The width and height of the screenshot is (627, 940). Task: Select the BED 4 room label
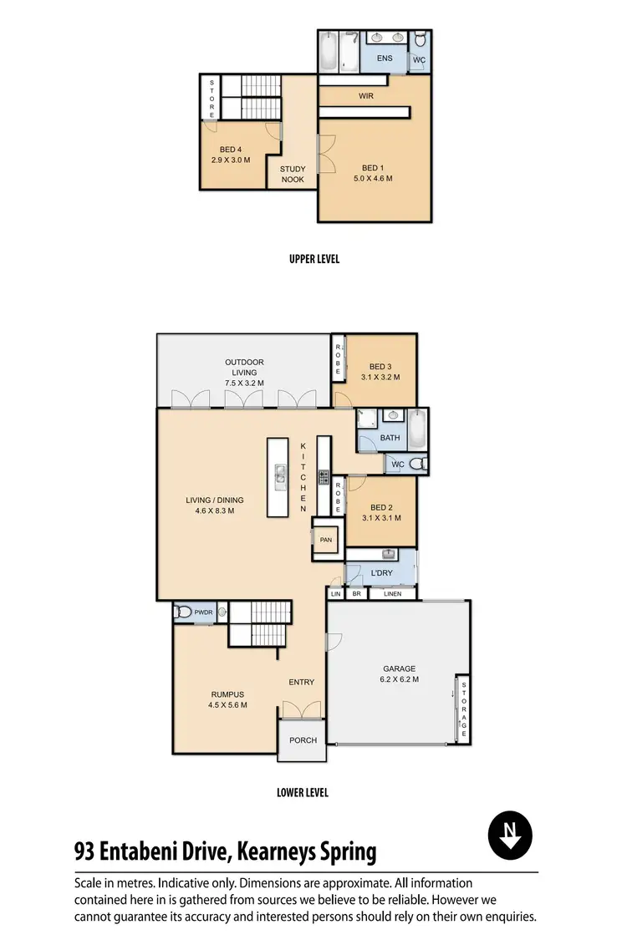pyautogui.click(x=230, y=155)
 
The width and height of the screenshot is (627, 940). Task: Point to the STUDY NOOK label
pyautogui.click(x=293, y=174)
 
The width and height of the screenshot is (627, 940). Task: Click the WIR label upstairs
pyautogui.click(x=365, y=97)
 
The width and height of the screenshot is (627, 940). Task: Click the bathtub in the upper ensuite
pyautogui.click(x=329, y=52)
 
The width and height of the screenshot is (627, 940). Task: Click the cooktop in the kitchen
pyautogui.click(x=323, y=477)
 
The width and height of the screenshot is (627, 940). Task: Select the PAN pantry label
pyautogui.click(x=326, y=540)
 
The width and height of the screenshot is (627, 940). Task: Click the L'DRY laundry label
pyautogui.click(x=381, y=572)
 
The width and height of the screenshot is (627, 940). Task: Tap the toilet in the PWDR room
pyautogui.click(x=184, y=612)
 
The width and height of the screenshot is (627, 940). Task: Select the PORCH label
pyautogui.click(x=303, y=740)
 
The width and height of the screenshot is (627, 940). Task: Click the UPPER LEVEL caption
pyautogui.click(x=313, y=259)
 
